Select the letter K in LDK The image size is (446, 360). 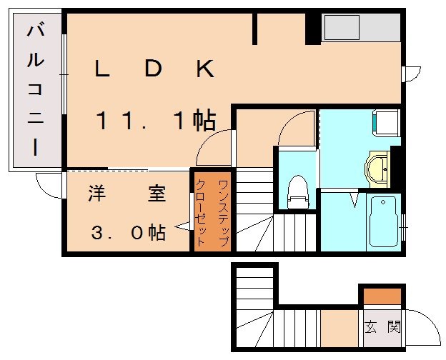tap(204, 69)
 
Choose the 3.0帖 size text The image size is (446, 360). tap(128, 232)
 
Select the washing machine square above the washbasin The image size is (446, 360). tap(385, 121)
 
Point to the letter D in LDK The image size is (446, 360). tap(152, 69)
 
